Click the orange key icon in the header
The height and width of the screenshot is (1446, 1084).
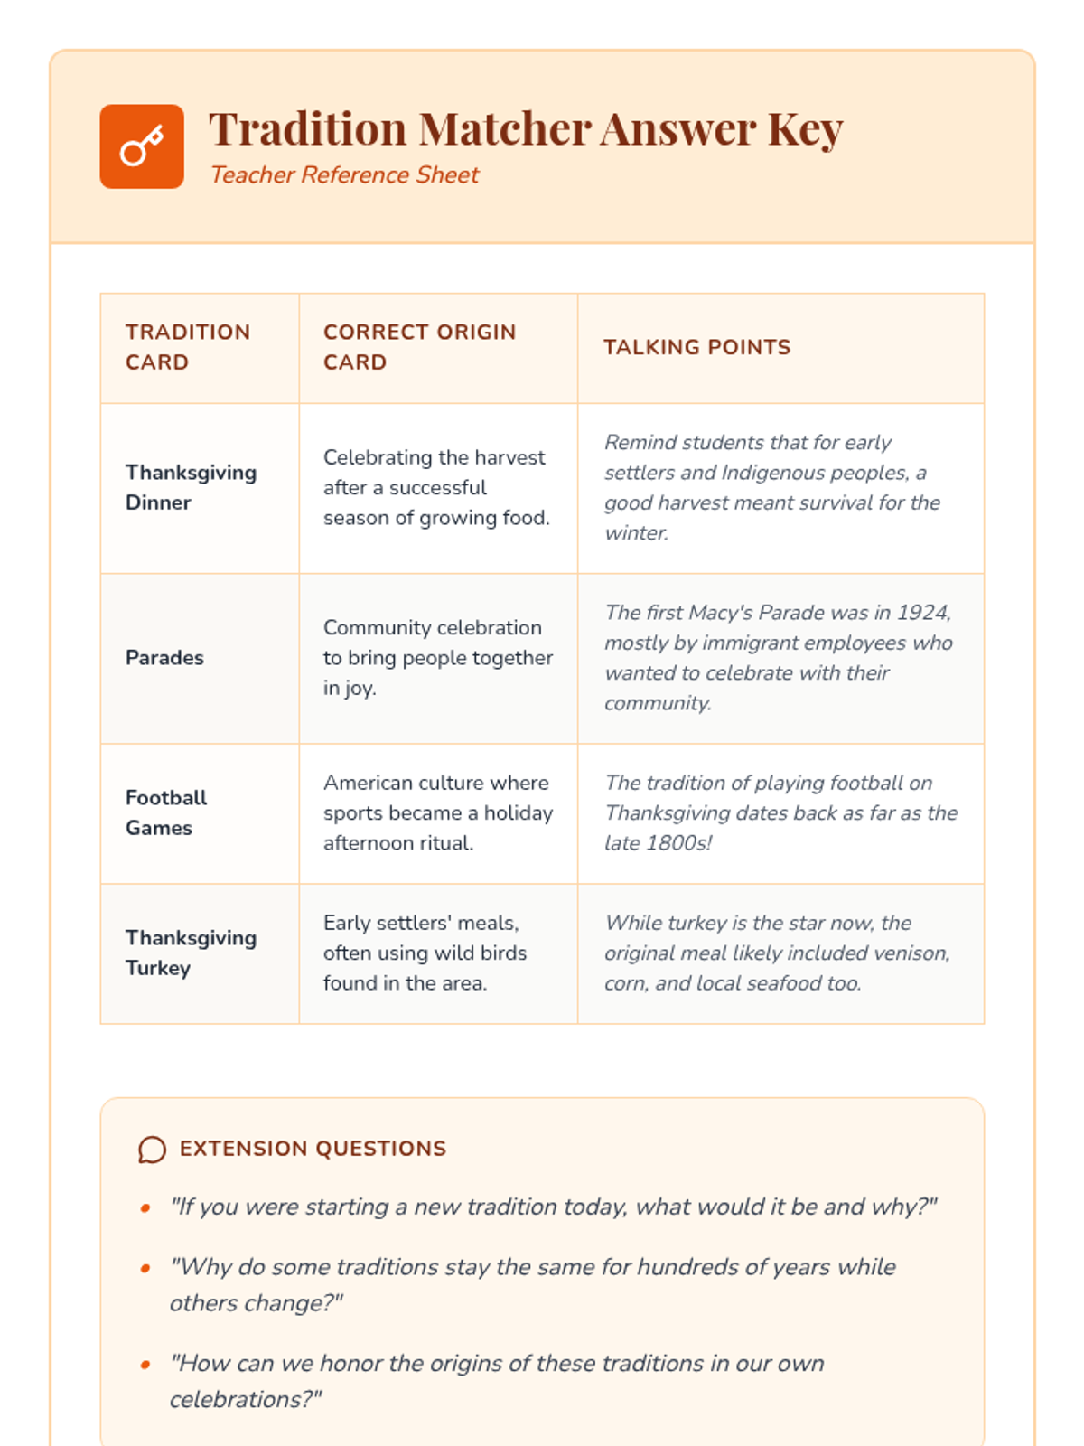pyautogui.click(x=142, y=146)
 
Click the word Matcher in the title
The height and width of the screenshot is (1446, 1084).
pyautogui.click(x=503, y=129)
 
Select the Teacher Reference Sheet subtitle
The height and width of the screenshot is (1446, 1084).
pyautogui.click(x=344, y=174)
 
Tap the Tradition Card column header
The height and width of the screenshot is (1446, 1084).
pyautogui.click(x=188, y=347)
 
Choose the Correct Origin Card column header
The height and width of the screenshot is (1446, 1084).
pyautogui.click(x=419, y=347)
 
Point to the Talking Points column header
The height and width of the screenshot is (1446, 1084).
pyautogui.click(x=696, y=347)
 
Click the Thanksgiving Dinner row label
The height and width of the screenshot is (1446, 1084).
pyautogui.click(x=191, y=487)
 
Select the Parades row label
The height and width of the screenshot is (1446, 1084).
pyautogui.click(x=164, y=658)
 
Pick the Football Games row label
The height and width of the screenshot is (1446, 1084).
pyautogui.click(x=166, y=812)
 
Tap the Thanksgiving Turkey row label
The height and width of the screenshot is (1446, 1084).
pyautogui.click(x=191, y=953)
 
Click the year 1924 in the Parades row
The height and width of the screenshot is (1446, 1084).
pyautogui.click(x=921, y=613)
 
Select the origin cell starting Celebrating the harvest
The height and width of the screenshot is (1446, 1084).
pyautogui.click(x=436, y=487)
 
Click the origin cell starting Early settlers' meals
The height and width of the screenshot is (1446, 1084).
pyautogui.click(x=425, y=953)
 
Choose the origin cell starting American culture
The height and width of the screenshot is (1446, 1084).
pyautogui.click(x=437, y=812)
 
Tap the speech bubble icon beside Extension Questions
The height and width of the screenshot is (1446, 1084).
pyautogui.click(x=152, y=1150)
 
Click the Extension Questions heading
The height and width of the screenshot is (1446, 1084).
pyautogui.click(x=313, y=1149)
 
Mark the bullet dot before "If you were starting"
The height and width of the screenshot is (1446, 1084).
pyautogui.click(x=145, y=1208)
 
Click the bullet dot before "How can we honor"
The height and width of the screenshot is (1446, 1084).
pyautogui.click(x=145, y=1365)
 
